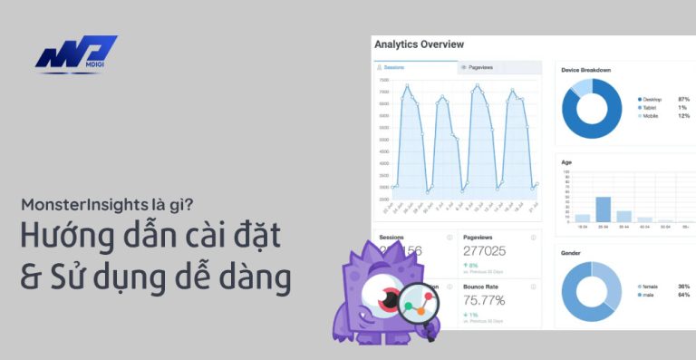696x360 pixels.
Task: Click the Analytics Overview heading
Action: (x=419, y=44)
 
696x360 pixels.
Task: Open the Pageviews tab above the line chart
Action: (x=478, y=67)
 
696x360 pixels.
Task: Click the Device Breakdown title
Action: (x=585, y=70)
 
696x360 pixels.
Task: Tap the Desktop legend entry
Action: (x=650, y=99)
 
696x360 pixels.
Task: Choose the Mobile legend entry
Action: (x=649, y=115)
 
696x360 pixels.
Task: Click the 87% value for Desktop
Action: (x=683, y=99)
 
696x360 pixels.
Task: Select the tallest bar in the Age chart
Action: (x=603, y=209)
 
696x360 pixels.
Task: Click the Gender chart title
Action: (x=571, y=253)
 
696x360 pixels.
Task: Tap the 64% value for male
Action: (x=683, y=295)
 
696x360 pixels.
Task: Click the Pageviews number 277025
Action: (x=484, y=250)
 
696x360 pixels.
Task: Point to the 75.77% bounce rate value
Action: (x=484, y=300)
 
